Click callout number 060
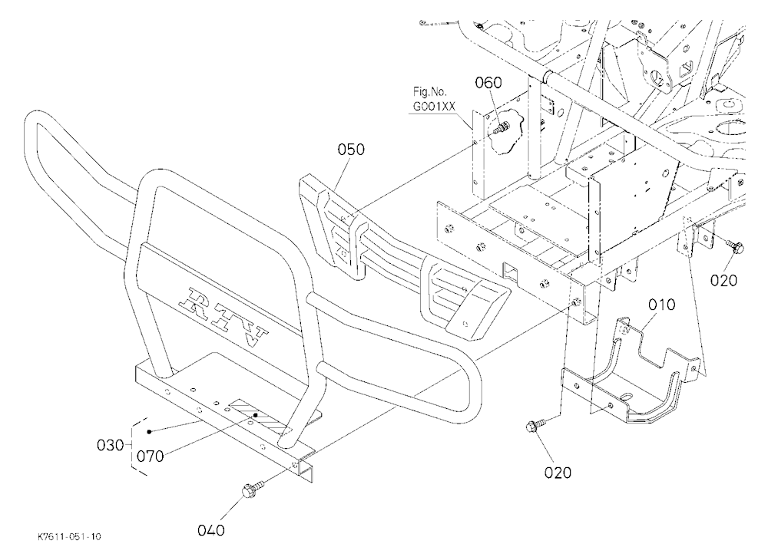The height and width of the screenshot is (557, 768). click(488, 83)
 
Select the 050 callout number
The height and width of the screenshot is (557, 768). click(351, 150)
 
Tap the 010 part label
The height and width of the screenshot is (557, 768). click(662, 305)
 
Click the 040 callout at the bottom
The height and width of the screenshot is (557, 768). click(211, 530)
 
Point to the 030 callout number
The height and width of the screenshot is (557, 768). click(110, 446)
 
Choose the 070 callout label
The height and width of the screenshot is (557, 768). click(150, 456)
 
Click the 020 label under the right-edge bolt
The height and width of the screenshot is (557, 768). click(723, 281)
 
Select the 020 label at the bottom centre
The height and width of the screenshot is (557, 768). click(558, 473)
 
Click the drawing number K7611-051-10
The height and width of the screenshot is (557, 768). click(70, 537)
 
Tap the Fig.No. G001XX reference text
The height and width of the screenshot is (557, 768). click(434, 98)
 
